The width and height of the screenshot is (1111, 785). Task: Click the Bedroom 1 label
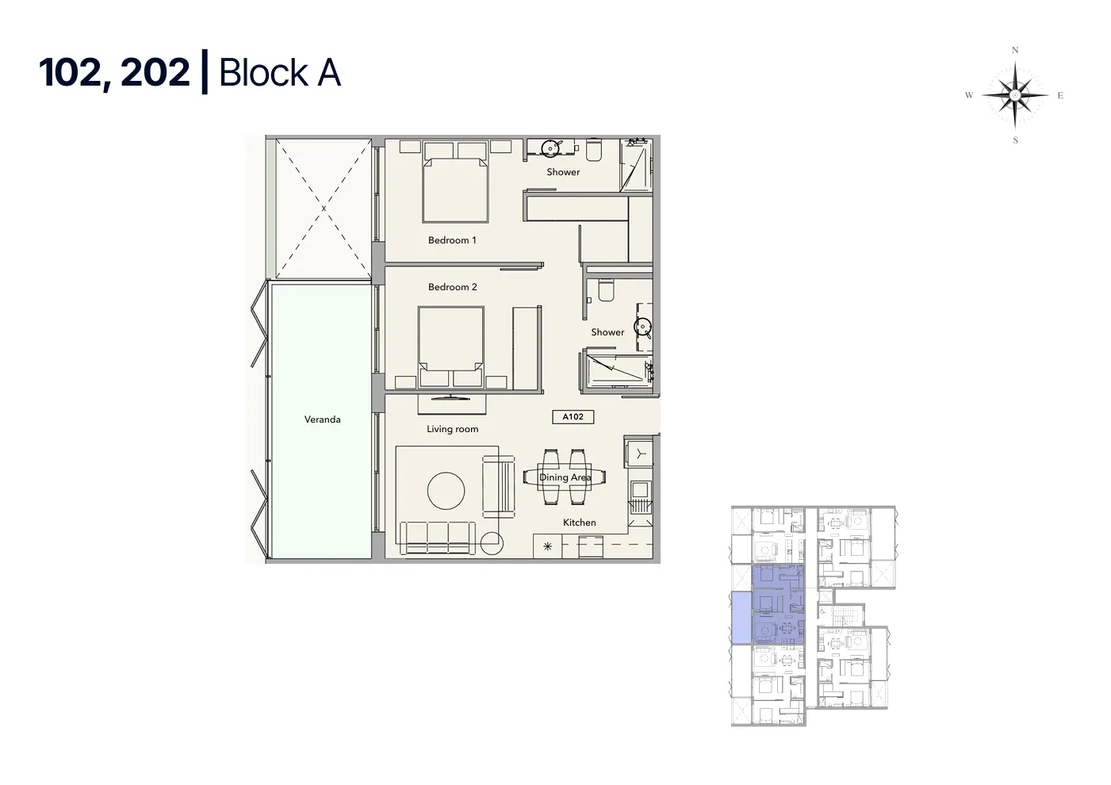pyautogui.click(x=452, y=240)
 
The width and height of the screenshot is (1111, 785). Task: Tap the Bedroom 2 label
pyautogui.click(x=452, y=287)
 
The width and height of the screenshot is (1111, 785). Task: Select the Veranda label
pyautogui.click(x=323, y=419)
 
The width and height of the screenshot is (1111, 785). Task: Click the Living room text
pyautogui.click(x=452, y=430)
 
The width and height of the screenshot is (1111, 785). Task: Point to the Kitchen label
pyautogui.click(x=580, y=523)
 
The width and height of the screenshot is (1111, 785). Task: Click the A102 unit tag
pyautogui.click(x=573, y=417)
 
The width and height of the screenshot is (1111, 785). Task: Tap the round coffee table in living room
pyautogui.click(x=446, y=491)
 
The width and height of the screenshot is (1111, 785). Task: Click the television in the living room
pyautogui.click(x=451, y=396)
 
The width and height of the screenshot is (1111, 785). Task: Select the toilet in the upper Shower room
pyautogui.click(x=594, y=150)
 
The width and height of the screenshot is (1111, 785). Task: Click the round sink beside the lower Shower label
pyautogui.click(x=644, y=327)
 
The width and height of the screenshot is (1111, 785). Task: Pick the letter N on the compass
pyautogui.click(x=1015, y=50)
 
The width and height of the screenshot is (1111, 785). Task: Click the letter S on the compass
pyautogui.click(x=1015, y=140)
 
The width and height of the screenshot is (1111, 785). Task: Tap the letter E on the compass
pyautogui.click(x=1060, y=96)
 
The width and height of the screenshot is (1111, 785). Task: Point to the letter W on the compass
pyautogui.click(x=969, y=95)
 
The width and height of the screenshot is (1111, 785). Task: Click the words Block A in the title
pyautogui.click(x=280, y=73)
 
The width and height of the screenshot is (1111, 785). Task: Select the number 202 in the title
pyautogui.click(x=155, y=73)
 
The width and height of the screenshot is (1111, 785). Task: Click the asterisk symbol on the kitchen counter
pyautogui.click(x=547, y=546)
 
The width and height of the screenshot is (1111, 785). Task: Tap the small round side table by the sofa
pyautogui.click(x=492, y=543)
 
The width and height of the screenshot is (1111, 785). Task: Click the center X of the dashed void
pyautogui.click(x=324, y=209)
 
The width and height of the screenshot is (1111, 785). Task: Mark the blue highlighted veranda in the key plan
pyautogui.click(x=741, y=618)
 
